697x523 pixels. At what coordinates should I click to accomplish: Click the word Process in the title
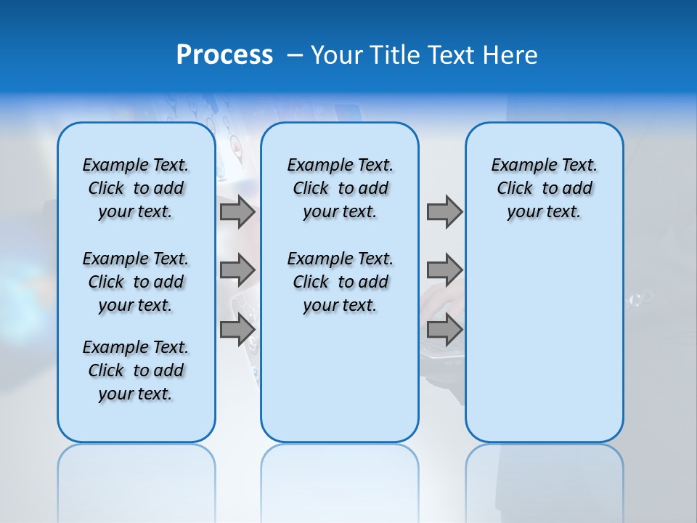point(224,55)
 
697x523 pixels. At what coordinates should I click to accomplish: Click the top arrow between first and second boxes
point(237,211)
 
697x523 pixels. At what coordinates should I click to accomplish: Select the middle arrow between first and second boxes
point(237,270)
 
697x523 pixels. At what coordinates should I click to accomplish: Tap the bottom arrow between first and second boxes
point(237,329)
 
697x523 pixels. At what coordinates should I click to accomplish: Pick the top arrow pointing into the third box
point(444,211)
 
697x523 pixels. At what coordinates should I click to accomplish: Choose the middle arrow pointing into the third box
point(444,270)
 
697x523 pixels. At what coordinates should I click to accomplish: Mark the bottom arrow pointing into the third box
point(444,329)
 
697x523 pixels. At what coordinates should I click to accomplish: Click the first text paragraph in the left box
point(136,188)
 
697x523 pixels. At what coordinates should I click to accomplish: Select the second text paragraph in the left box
point(136,282)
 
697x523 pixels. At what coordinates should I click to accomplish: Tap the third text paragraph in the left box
point(136,370)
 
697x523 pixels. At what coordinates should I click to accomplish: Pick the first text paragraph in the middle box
point(340,188)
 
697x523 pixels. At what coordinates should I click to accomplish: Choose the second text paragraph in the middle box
point(340,282)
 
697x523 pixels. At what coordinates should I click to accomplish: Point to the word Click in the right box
point(515,189)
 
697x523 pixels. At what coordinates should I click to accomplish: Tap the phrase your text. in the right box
point(544,212)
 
